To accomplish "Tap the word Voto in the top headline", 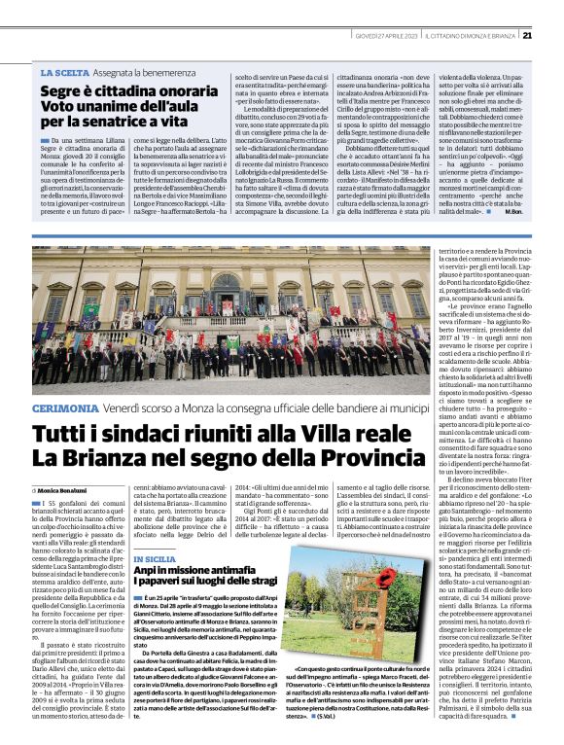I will (x=59, y=107).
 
